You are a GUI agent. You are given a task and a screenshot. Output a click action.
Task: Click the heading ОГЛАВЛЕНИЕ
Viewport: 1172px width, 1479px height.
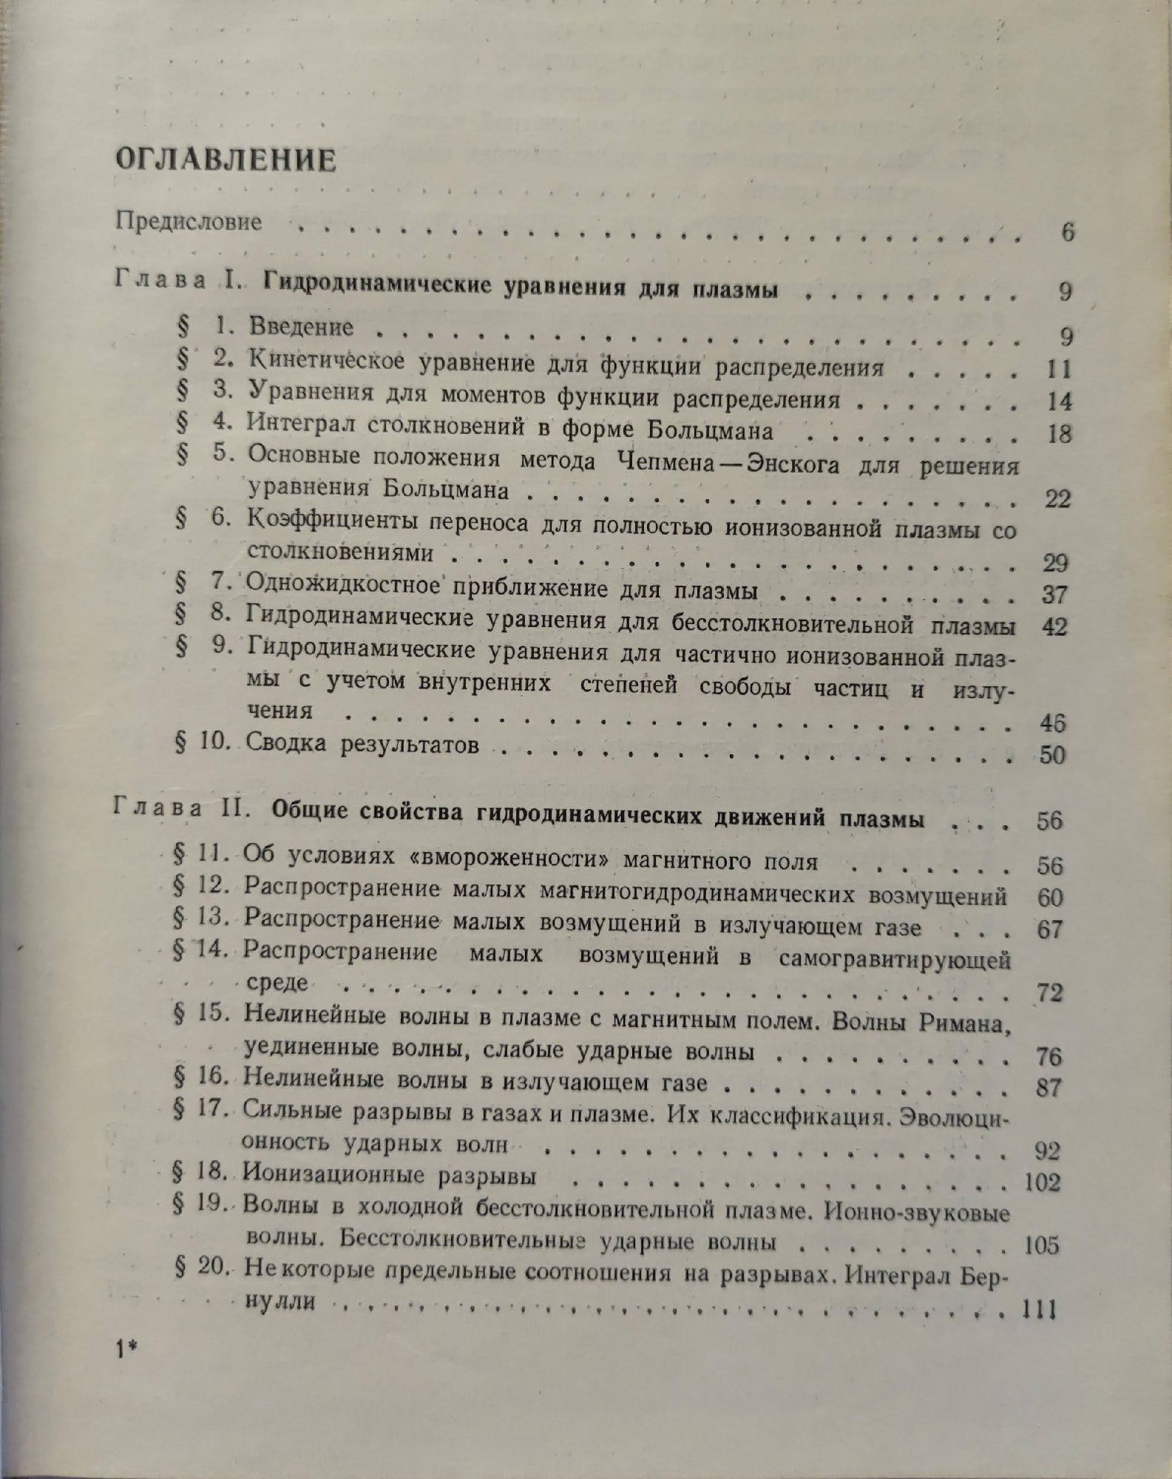[225, 160]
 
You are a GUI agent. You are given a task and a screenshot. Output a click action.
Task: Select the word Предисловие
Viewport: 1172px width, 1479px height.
[189, 222]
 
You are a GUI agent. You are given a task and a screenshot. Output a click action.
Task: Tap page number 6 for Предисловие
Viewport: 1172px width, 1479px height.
[1066, 232]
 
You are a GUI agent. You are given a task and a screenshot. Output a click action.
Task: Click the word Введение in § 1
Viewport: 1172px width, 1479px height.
[301, 327]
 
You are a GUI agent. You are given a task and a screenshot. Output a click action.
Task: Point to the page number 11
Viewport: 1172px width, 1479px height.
[1058, 369]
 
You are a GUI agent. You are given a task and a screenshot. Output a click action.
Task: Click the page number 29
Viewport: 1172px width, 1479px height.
[1054, 563]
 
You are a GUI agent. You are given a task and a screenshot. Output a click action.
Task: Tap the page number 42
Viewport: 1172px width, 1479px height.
[1053, 627]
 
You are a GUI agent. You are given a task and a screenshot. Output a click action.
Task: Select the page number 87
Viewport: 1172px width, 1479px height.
[1049, 1088]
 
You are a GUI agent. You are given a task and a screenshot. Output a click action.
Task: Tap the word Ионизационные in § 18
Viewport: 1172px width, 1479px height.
[335, 1175]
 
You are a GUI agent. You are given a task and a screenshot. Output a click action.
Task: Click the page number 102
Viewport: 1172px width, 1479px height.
[1043, 1183]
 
